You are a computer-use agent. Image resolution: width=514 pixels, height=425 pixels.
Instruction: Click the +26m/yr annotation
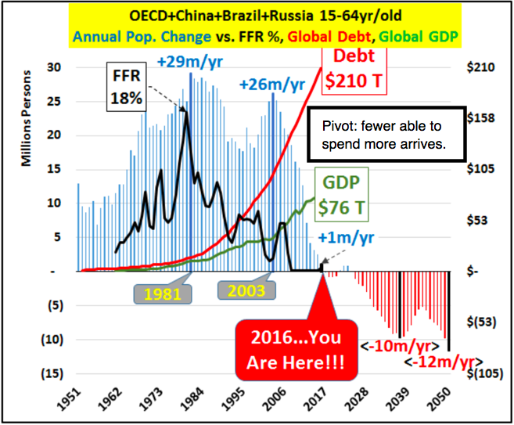[273, 82]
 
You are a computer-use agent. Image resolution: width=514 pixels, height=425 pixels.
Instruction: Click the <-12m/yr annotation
[440, 362]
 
